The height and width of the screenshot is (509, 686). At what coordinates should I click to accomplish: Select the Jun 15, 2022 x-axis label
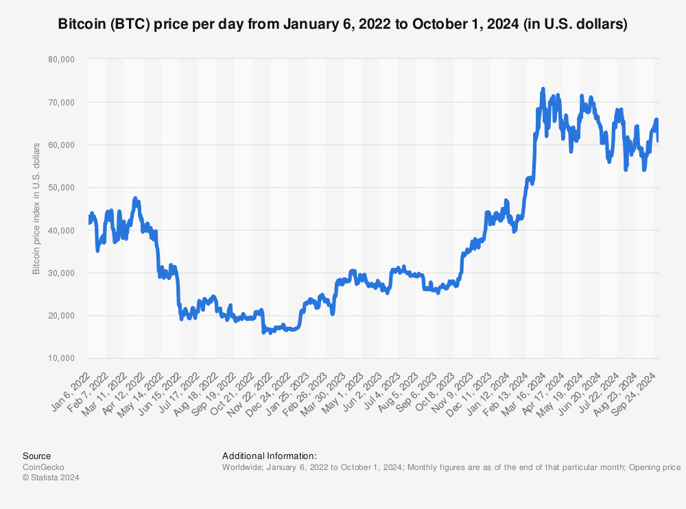click(x=163, y=391)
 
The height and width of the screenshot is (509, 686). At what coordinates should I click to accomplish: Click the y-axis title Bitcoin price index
click(x=36, y=208)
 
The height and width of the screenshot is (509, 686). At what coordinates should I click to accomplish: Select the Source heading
click(x=36, y=456)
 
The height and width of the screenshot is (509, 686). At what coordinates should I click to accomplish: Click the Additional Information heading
click(x=269, y=456)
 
